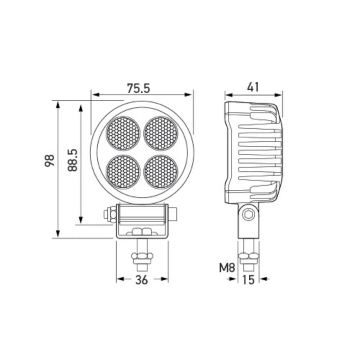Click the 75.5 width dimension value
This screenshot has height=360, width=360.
pos(138,88)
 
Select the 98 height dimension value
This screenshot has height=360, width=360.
pos(49,160)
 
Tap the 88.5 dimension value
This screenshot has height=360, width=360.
pos(73,160)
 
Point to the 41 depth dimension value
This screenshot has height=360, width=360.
pos(253,87)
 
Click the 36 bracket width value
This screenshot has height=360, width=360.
pos(141,280)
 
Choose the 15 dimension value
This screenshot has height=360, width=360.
pos(248,280)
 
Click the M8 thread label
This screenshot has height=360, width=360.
pos(227,268)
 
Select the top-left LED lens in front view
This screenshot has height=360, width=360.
pos(123,133)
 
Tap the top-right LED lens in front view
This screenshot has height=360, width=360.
pos(161,133)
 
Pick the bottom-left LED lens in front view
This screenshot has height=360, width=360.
pos(123,172)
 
